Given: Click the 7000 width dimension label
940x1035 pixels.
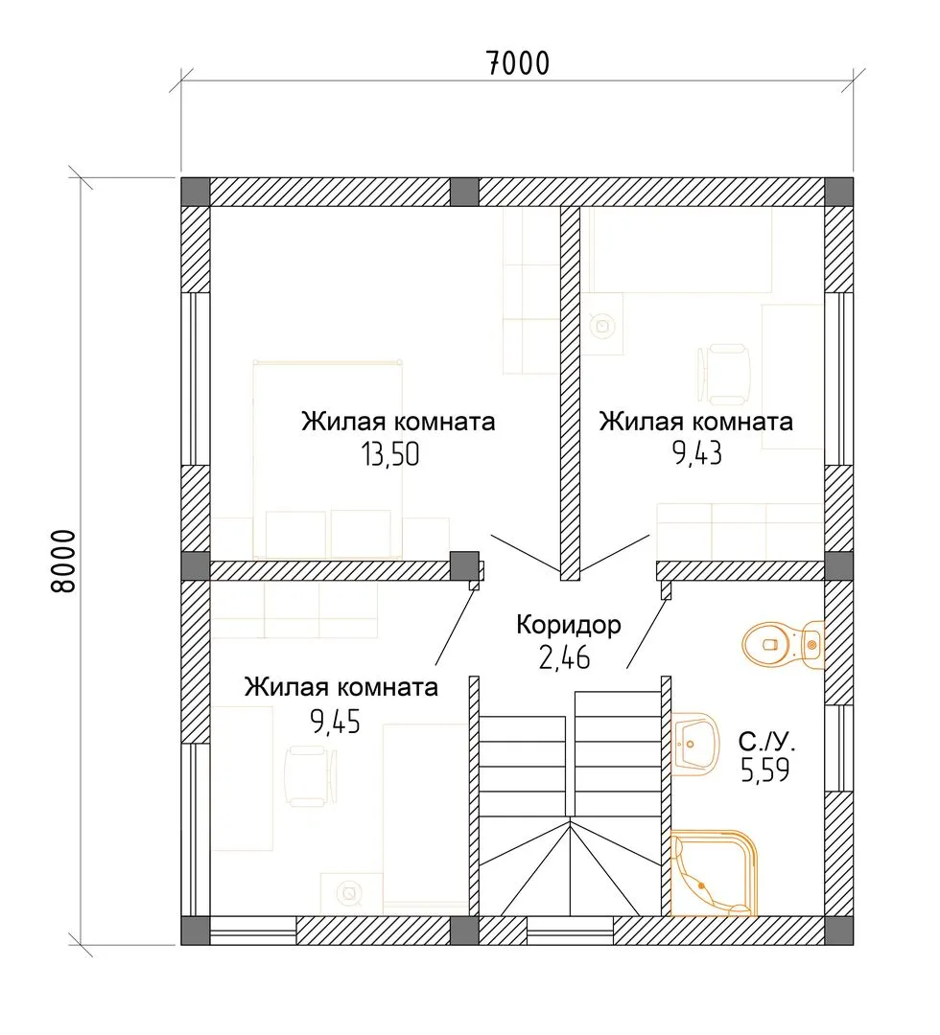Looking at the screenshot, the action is (518, 63).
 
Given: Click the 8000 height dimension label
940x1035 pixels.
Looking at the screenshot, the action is (64, 561).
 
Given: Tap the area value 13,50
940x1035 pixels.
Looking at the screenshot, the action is (389, 455).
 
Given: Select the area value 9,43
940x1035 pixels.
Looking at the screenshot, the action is (697, 453).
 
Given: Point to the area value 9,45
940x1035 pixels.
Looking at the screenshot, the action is (336, 722).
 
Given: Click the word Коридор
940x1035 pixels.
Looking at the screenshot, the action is (569, 625).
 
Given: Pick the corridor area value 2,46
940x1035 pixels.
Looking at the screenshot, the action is (564, 657).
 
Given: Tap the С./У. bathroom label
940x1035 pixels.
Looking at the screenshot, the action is (767, 742).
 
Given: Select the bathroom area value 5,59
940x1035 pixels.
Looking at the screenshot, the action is (764, 770).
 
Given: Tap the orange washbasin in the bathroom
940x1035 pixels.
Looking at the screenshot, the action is (694, 744).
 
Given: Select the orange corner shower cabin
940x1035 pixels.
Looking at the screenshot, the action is (714, 873).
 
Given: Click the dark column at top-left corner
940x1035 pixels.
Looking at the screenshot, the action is (196, 192).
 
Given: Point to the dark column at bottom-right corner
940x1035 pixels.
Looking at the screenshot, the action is (839, 930).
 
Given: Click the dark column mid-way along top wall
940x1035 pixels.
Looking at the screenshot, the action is (464, 192).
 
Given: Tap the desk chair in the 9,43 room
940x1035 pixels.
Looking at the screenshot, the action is (724, 374).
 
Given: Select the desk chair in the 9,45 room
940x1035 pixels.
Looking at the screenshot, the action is (311, 776).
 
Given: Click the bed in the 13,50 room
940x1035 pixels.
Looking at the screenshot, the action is (328, 459).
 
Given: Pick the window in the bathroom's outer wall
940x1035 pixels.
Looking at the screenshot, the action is (839, 747).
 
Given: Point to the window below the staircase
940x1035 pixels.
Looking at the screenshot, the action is (570, 930).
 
